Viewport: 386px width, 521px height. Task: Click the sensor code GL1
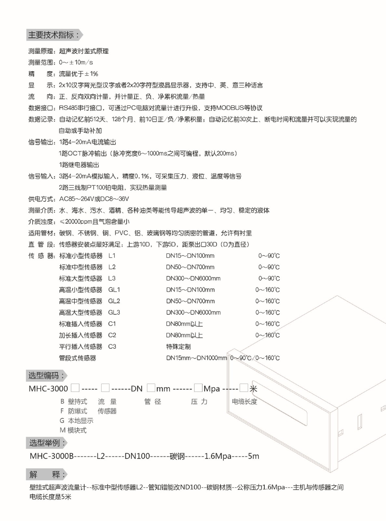tap(114, 290)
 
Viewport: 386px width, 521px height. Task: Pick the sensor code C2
tap(112, 335)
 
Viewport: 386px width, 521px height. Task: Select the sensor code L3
tap(112, 278)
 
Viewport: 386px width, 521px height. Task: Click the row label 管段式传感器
tap(77, 358)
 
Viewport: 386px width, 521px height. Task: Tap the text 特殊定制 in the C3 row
tap(179, 347)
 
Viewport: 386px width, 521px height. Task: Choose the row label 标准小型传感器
tap(81, 256)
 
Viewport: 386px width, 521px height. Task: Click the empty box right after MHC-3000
tap(75, 387)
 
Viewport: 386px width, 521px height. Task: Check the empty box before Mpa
tap(198, 387)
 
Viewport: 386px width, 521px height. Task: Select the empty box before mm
tap(151, 387)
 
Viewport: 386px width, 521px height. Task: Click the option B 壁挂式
tap(74, 401)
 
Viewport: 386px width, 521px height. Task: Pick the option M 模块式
tap(73, 430)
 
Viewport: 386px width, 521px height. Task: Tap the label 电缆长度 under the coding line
tap(244, 401)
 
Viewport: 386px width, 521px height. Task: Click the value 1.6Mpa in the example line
tap(218, 456)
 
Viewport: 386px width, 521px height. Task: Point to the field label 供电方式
tap(42, 199)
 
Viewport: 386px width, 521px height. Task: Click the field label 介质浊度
tap(42, 222)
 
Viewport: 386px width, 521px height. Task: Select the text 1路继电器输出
tap(79, 165)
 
